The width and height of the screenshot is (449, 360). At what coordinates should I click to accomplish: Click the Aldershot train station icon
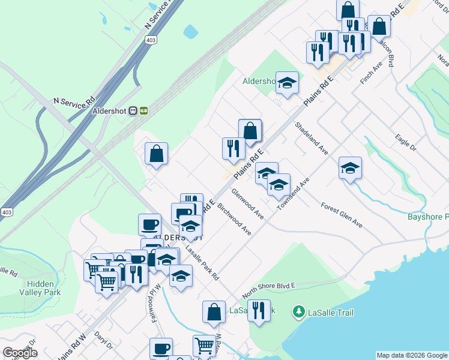click(143, 110)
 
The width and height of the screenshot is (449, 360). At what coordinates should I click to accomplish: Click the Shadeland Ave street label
click(311, 139)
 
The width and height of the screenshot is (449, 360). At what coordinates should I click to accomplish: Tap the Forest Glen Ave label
click(342, 215)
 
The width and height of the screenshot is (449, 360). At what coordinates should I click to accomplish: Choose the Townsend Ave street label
click(292, 193)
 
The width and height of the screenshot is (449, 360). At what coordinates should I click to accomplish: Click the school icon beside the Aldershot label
click(288, 83)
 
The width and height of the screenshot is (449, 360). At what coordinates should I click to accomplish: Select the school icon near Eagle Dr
click(350, 167)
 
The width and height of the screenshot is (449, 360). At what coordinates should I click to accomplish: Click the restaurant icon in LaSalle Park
click(259, 310)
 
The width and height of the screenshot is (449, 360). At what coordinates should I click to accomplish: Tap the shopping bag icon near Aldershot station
click(156, 153)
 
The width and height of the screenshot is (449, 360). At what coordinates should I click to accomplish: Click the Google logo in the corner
click(20, 353)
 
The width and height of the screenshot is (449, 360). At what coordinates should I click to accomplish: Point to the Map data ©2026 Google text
click(412, 355)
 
